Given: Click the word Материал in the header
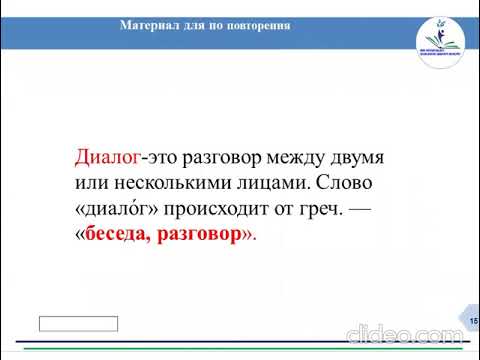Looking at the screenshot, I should pyautogui.click(x=150, y=25).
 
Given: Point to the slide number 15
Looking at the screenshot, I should pyautogui.click(x=472, y=318).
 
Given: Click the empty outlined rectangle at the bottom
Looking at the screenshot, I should pyautogui.click(x=78, y=323).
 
